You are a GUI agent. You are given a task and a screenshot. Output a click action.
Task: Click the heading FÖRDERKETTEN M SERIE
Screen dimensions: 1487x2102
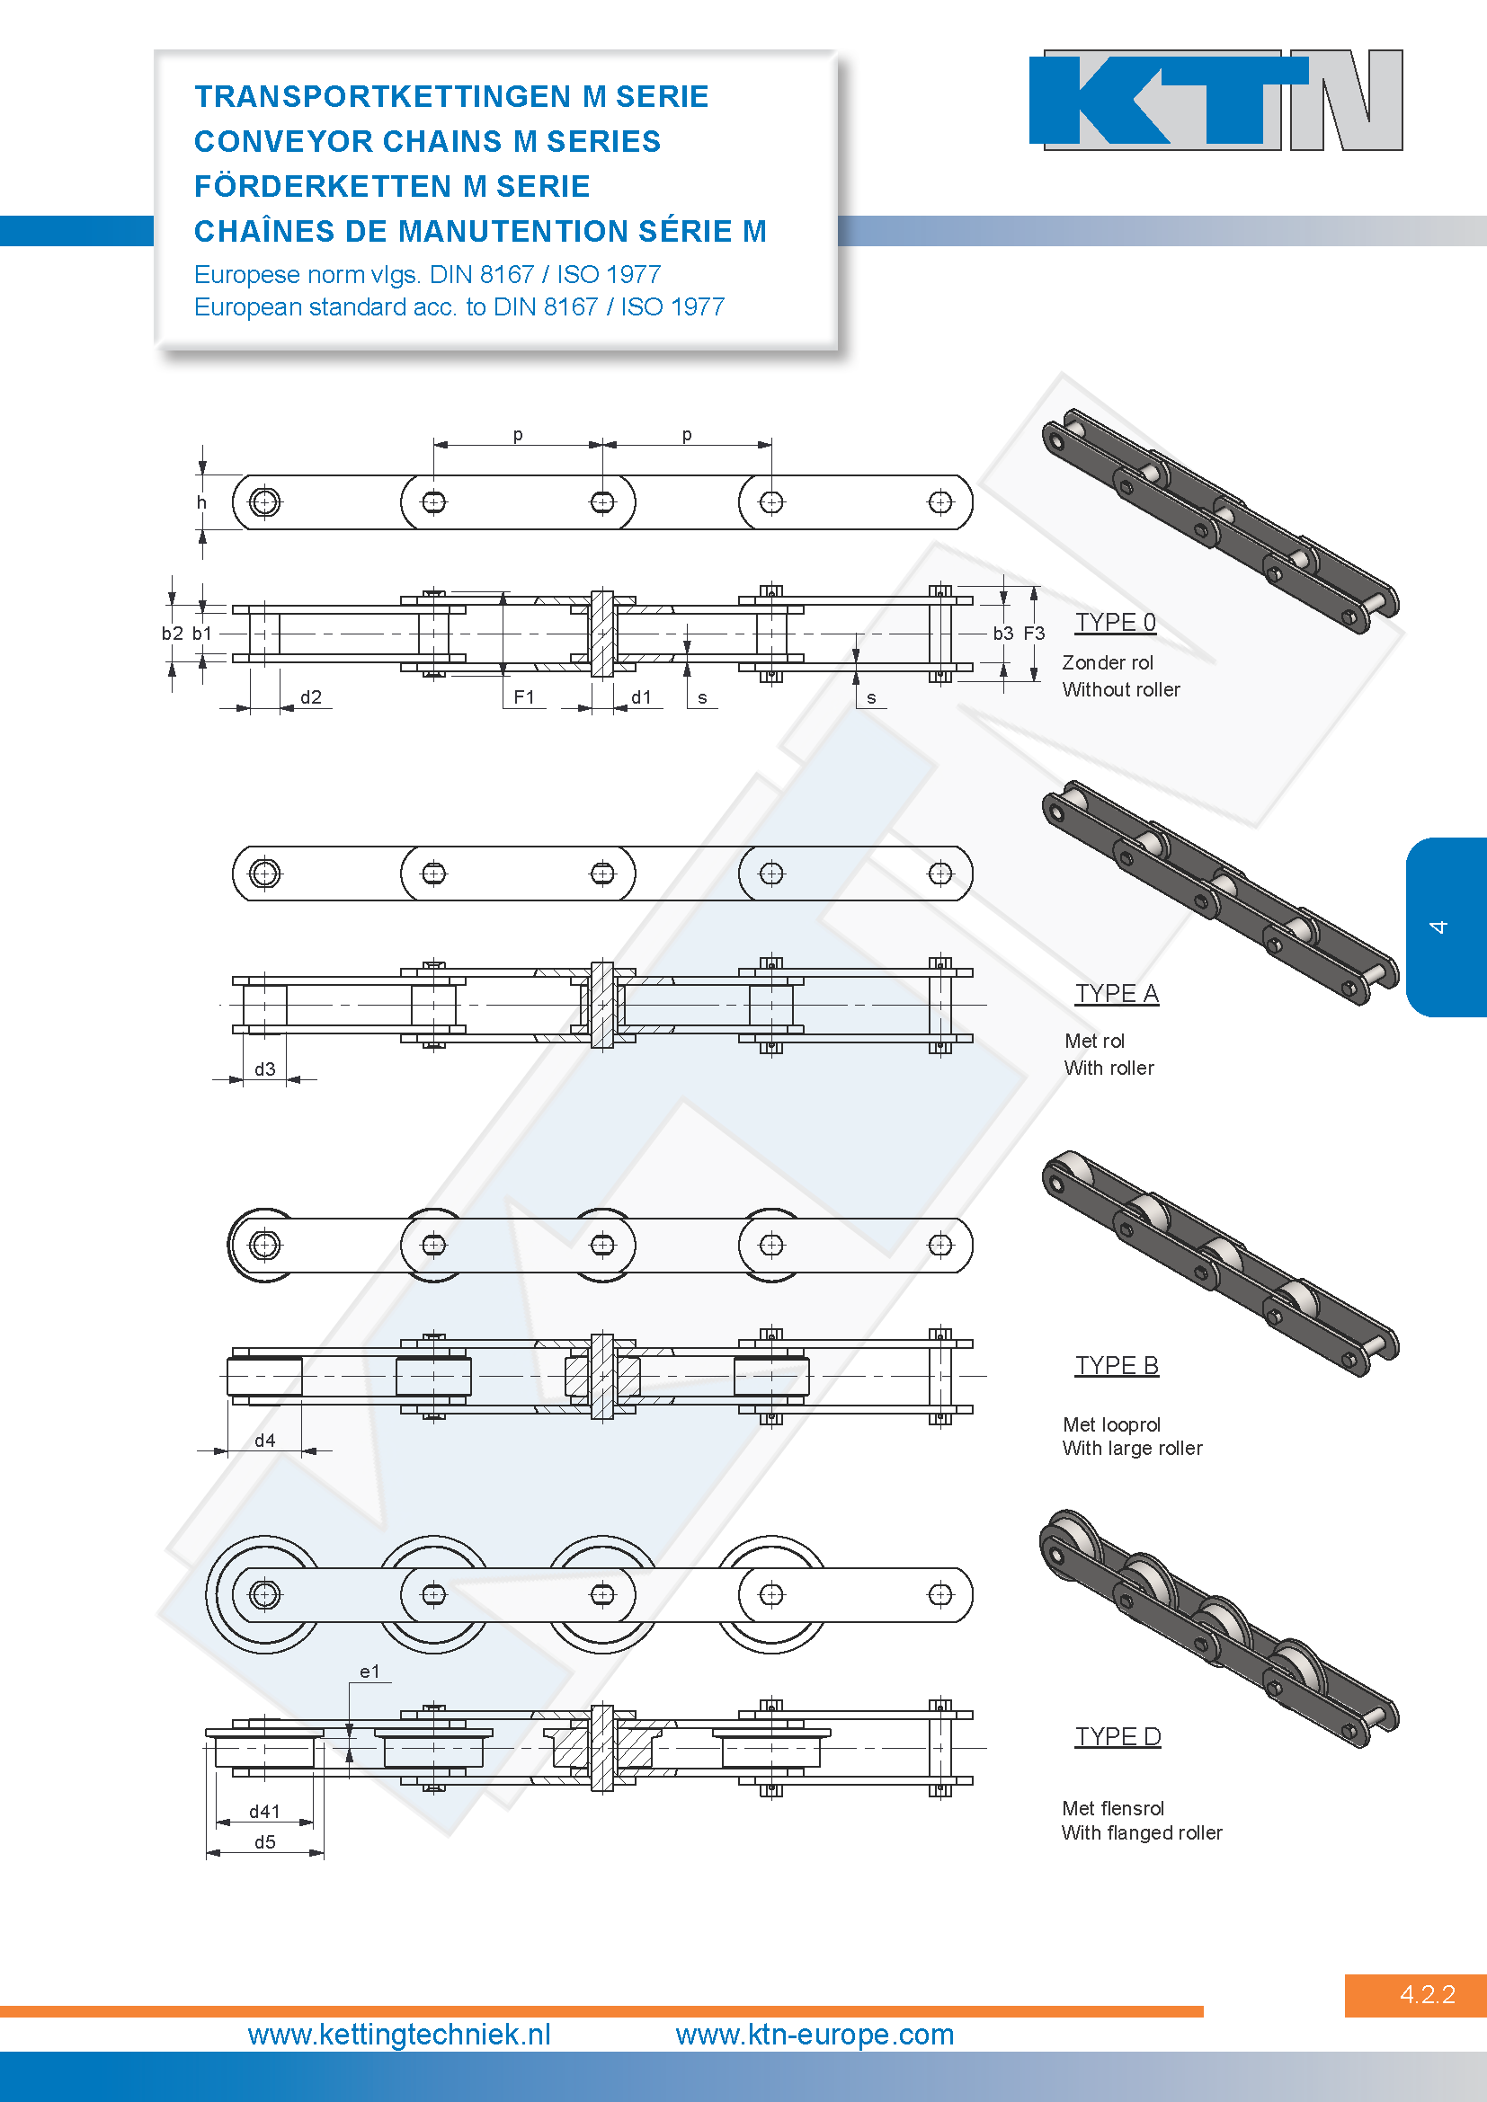(x=392, y=186)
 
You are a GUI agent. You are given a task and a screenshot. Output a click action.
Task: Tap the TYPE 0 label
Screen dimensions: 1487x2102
(x=1115, y=623)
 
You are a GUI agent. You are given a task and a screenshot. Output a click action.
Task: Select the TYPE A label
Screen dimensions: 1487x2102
(x=1117, y=993)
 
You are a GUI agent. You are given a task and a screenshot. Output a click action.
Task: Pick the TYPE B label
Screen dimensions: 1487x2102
(x=1117, y=1365)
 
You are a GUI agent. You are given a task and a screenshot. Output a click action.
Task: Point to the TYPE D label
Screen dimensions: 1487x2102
(x=1118, y=1737)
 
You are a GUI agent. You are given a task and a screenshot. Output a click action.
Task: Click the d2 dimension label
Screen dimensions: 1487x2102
(x=311, y=697)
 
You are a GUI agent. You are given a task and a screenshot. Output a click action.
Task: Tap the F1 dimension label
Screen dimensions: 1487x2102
(x=524, y=697)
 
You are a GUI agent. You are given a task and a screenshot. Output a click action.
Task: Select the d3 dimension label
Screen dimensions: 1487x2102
(x=264, y=1069)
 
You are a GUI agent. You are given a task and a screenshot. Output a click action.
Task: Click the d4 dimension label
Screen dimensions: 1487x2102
(x=264, y=1441)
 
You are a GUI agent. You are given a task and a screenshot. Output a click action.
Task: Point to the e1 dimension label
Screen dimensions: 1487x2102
(x=369, y=1672)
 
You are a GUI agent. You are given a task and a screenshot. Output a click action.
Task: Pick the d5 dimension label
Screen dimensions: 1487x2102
(x=264, y=1842)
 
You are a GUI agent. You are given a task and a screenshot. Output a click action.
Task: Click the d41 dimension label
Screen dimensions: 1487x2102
(x=264, y=1812)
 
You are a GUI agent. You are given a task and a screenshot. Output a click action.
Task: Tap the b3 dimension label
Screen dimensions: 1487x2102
(x=1003, y=634)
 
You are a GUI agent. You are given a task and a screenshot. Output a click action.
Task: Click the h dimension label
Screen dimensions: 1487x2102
(x=201, y=502)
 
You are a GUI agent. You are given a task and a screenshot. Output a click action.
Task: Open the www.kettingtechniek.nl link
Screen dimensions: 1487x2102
(x=399, y=2035)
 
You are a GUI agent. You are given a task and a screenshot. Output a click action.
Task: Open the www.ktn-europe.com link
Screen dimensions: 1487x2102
(x=815, y=2035)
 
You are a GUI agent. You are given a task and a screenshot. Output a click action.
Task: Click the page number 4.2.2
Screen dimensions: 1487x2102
(x=1428, y=1995)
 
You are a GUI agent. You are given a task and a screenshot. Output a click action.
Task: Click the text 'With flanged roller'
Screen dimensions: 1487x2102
(x=1142, y=1832)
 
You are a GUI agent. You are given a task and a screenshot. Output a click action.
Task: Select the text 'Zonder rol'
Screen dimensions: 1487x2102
(x=1108, y=663)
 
